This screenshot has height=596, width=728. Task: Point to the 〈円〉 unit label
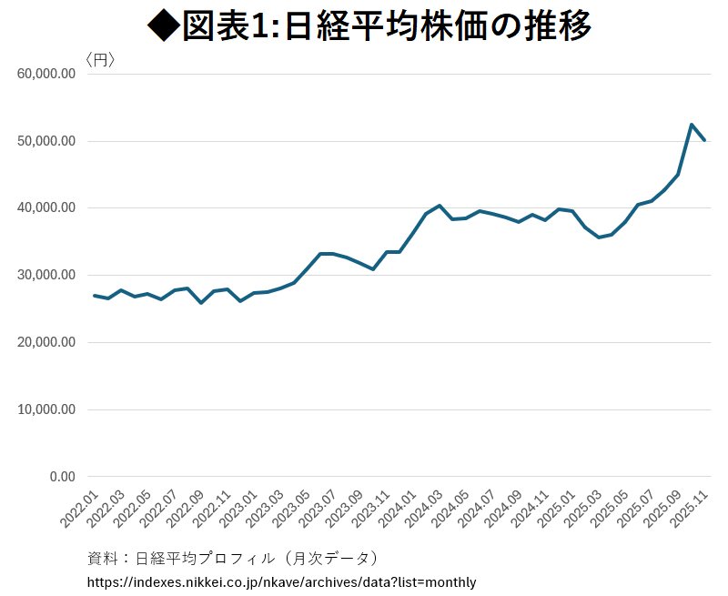click(99, 60)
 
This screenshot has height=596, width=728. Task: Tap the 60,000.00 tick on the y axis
click(45, 75)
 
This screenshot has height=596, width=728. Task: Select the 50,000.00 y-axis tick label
click(45, 141)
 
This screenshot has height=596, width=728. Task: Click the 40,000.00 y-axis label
click(45, 208)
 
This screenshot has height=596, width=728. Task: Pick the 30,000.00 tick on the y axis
click(45, 276)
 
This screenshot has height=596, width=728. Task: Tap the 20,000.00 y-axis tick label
click(45, 343)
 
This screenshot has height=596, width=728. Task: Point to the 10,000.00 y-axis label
click(45, 409)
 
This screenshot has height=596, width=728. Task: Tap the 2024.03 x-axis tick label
click(425, 510)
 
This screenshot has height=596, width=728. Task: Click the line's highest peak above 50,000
click(692, 125)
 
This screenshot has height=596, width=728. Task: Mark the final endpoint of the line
click(704, 140)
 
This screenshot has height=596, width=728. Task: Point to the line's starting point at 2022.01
click(95, 296)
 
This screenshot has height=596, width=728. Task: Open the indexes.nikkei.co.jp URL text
click(281, 581)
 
